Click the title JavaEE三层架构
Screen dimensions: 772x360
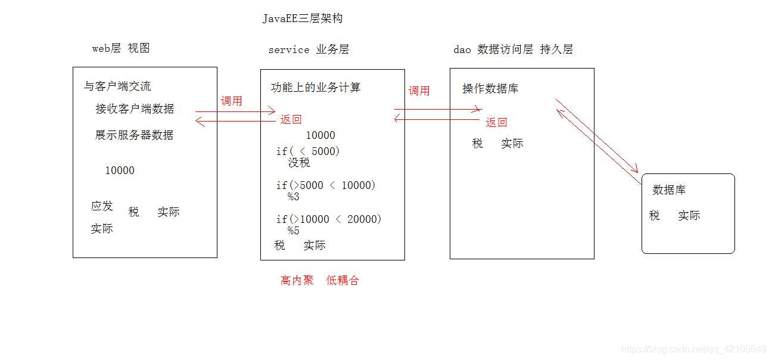click(x=303, y=18)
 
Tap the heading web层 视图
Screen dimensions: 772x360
click(x=121, y=48)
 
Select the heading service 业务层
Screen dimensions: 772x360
click(x=309, y=49)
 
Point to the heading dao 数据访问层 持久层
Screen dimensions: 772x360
click(x=513, y=49)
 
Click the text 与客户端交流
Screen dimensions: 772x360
click(x=117, y=86)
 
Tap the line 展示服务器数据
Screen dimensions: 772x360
click(x=135, y=135)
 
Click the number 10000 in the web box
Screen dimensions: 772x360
click(x=120, y=170)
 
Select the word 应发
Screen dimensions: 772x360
click(x=102, y=206)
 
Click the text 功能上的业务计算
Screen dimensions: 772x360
click(x=316, y=88)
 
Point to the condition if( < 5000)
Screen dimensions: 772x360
click(x=308, y=151)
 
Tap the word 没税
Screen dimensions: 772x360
click(x=299, y=163)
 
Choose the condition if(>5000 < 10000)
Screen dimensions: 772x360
click(x=326, y=185)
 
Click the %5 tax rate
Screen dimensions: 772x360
click(x=293, y=231)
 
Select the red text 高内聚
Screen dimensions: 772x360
click(x=297, y=280)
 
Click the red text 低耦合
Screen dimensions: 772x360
click(x=343, y=280)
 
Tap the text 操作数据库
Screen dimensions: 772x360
click(x=490, y=88)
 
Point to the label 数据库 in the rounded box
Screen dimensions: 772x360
click(x=669, y=190)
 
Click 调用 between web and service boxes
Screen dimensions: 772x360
click(x=232, y=101)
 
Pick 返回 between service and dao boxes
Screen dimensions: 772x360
click(x=496, y=122)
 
